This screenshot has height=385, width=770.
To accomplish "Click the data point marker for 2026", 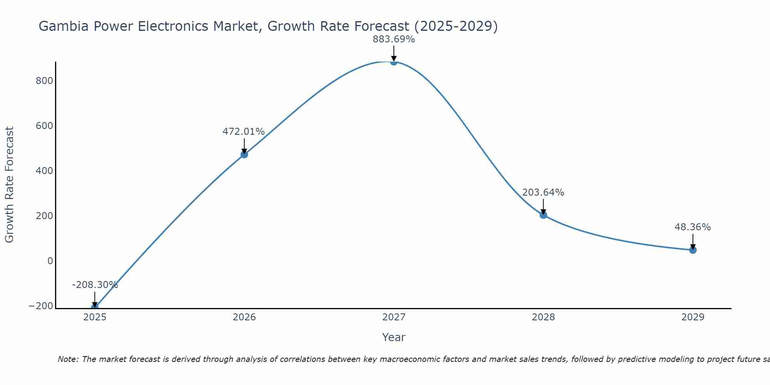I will coord(244,154).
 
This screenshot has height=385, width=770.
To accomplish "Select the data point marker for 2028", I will coord(543,215).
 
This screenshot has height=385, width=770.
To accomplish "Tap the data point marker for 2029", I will coord(693,250).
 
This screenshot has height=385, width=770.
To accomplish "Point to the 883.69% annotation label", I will coord(393,39).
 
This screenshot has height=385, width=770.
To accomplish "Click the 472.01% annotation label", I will coord(244,132).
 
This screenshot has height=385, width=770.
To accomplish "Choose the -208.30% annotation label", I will coord(95,285).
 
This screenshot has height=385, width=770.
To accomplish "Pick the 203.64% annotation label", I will coord(543,192).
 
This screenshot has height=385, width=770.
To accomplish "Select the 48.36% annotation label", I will coord(693,227).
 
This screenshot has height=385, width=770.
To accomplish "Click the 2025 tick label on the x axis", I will coord(95,317).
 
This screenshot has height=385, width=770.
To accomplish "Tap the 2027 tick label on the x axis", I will coord(393,317).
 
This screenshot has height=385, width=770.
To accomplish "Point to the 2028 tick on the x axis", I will coord(543,317).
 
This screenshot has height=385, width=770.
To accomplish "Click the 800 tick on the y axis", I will coord(44,81).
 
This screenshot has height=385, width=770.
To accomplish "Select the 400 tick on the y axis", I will coord(44,171).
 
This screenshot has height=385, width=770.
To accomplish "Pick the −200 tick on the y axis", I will coord(41,306).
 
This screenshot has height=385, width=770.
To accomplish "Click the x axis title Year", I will coord(393,338).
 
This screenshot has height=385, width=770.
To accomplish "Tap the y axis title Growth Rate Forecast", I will coord(9,184).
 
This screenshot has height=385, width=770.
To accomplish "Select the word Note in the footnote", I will coord(68,359).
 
